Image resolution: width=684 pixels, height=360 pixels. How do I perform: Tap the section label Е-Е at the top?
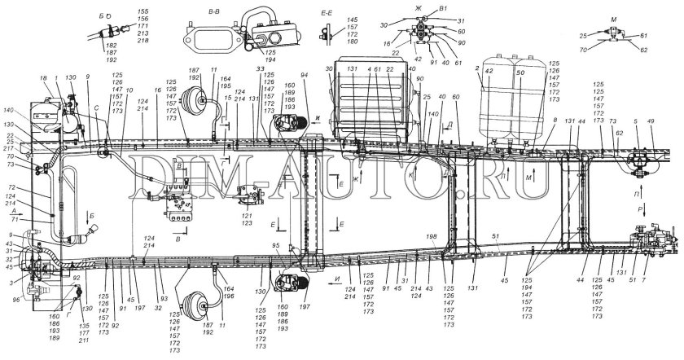[328, 12]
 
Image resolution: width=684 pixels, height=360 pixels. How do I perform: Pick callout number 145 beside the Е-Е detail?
[352, 20]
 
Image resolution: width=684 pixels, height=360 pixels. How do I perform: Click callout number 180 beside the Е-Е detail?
[352, 42]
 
